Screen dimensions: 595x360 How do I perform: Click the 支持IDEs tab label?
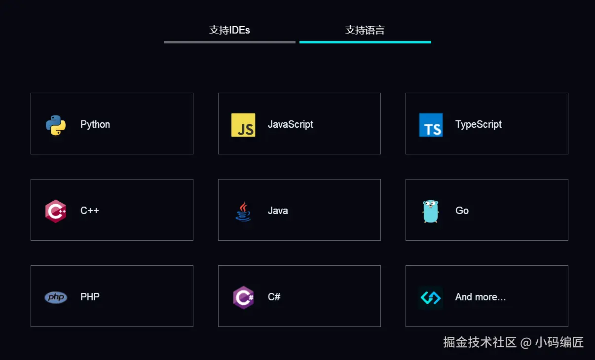(229, 30)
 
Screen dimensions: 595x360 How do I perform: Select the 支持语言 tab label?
(365, 30)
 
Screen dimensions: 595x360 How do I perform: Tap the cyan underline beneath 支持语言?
(365, 42)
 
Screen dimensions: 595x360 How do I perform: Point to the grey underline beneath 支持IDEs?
(229, 42)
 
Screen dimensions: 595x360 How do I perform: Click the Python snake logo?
(56, 125)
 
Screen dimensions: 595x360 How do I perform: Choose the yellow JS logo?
(243, 125)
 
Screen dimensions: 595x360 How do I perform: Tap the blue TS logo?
(431, 125)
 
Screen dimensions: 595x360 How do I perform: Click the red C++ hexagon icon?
(56, 211)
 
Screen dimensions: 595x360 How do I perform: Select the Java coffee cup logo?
(243, 212)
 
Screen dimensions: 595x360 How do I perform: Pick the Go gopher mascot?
(431, 211)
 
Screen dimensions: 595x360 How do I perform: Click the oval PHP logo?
(56, 297)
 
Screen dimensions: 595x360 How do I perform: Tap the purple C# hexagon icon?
(243, 297)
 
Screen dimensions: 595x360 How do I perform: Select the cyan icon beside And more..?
(431, 297)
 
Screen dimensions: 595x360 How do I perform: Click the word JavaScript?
(291, 124)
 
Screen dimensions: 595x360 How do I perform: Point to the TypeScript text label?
(479, 124)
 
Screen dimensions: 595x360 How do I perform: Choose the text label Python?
(95, 124)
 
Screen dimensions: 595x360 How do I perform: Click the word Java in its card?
(278, 211)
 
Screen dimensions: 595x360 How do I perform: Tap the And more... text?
(481, 297)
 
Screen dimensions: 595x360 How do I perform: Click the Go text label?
(462, 211)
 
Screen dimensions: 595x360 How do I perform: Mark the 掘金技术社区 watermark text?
(480, 342)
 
